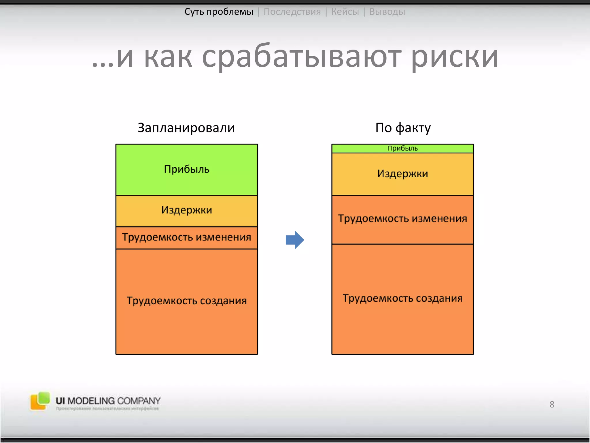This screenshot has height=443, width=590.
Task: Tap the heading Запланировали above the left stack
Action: click(x=186, y=128)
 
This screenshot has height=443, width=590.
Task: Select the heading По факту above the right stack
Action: click(x=403, y=128)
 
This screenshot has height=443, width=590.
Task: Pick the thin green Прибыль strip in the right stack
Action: click(x=402, y=148)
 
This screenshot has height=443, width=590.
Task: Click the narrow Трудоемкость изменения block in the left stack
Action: click(x=187, y=237)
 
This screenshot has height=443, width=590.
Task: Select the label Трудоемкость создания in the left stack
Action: click(x=187, y=301)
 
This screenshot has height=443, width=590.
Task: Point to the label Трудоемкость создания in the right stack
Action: click(x=402, y=298)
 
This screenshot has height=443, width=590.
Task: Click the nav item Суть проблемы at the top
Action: click(x=219, y=12)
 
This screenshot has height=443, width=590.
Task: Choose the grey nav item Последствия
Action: click(x=292, y=12)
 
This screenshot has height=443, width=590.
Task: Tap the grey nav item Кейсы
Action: click(x=345, y=12)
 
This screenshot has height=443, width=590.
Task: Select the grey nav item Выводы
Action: click(x=387, y=12)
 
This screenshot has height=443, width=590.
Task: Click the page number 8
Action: click(x=552, y=404)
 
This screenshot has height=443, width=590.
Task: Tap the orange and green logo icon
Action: click(x=40, y=401)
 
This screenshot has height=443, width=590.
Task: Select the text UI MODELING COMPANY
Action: click(x=108, y=401)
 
